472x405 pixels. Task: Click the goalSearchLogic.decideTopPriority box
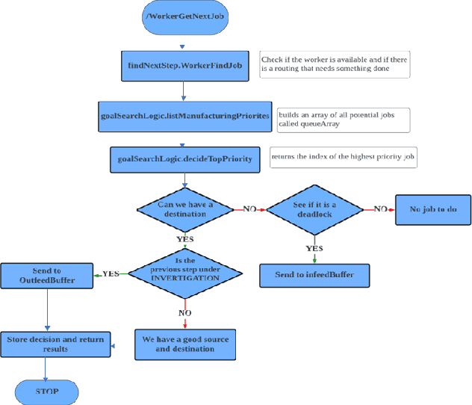tap(184, 158)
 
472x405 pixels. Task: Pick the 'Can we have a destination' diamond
tap(184, 208)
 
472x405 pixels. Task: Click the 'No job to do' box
tap(432, 208)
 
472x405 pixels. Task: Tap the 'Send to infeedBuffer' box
tap(315, 275)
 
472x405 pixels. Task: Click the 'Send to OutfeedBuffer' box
tap(47, 275)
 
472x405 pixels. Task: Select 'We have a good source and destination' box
tap(185, 344)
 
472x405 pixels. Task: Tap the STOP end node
tap(46, 390)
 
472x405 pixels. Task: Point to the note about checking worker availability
tap(335, 64)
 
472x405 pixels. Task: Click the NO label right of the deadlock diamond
tap(380, 208)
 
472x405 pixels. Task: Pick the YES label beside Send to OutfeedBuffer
tap(111, 273)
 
